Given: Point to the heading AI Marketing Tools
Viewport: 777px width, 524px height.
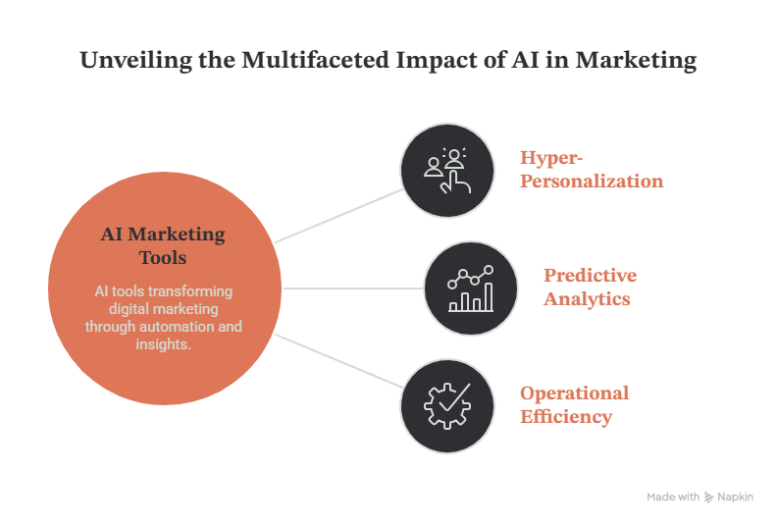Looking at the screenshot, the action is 163,245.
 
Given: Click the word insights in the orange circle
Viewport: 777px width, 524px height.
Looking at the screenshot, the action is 162,344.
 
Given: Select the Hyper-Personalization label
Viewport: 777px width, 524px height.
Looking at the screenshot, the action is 592,169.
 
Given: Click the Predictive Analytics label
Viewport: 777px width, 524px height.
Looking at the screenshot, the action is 590,288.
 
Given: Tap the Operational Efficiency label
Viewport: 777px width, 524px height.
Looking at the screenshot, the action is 574,404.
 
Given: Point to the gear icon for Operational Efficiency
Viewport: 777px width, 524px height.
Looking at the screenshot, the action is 447,406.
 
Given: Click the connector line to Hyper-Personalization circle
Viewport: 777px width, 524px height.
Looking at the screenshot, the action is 338,216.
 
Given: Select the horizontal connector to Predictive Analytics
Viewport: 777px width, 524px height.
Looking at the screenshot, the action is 353,288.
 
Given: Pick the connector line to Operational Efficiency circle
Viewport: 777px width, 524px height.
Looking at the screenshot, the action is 338,361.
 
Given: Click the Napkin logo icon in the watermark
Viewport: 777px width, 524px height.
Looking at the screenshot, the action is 708,498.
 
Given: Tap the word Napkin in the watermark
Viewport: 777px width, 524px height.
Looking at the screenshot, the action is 736,497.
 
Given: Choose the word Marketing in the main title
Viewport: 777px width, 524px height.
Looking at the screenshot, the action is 636,61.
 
